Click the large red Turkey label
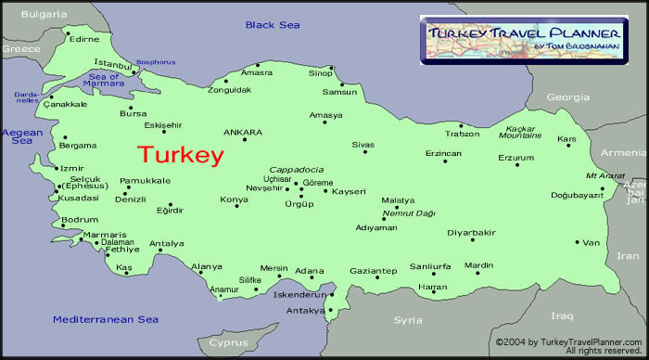[181, 155]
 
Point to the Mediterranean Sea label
[106, 319]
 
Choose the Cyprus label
[227, 342]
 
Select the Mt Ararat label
[603, 174]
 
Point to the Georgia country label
[568, 96]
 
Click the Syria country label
[408, 319]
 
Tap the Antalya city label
[167, 244]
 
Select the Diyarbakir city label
[472, 232]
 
